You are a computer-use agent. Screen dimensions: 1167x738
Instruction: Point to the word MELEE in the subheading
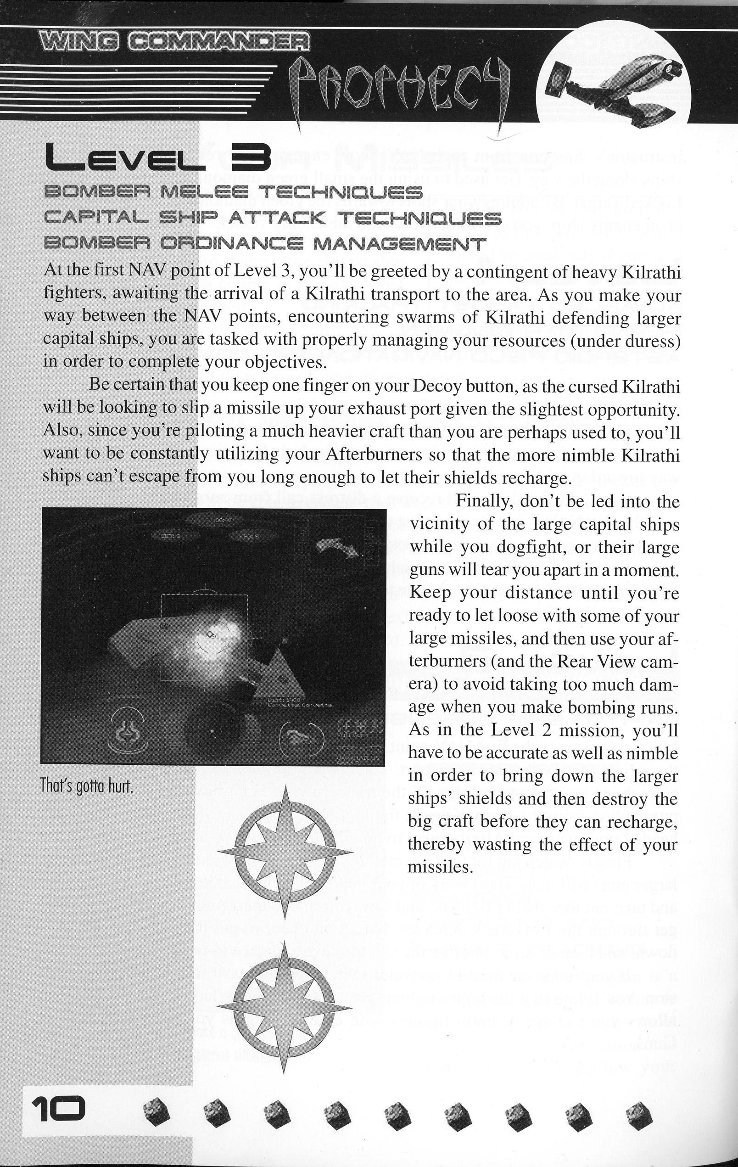(x=204, y=192)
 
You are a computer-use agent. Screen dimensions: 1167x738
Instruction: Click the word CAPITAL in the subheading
(x=96, y=218)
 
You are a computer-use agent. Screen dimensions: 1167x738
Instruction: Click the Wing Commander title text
(x=175, y=43)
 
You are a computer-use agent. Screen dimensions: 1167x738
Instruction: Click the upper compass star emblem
(x=285, y=852)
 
